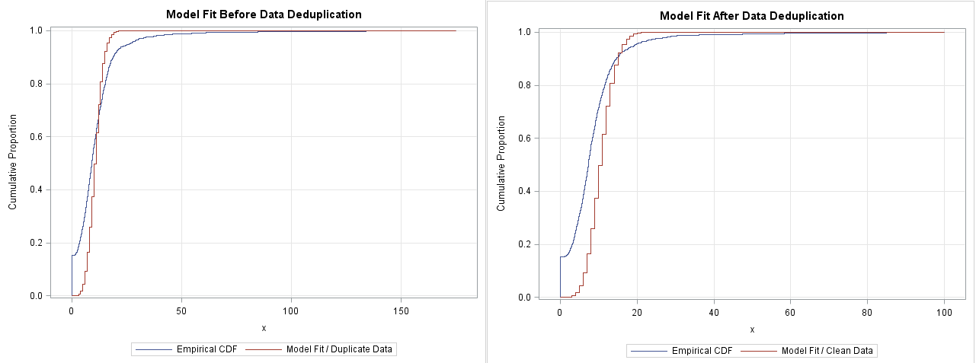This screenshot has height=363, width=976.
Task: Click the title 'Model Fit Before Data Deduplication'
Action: (264, 14)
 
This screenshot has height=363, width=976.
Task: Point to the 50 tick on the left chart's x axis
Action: (181, 310)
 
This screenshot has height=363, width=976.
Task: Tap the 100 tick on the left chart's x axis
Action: (291, 310)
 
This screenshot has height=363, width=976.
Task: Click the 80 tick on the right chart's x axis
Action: (868, 312)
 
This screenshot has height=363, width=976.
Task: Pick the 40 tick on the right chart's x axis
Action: (714, 312)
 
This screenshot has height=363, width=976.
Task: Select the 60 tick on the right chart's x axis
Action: (791, 312)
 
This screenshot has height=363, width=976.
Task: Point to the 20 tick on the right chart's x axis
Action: (637, 312)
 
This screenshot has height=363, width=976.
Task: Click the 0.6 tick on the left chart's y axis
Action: (35, 137)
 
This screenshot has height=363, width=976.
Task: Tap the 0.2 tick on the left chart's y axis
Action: (35, 243)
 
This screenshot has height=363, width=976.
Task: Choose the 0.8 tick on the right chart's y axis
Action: (523, 85)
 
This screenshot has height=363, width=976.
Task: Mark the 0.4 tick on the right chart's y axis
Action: (523, 191)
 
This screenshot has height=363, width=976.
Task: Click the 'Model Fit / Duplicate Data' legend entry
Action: (339, 349)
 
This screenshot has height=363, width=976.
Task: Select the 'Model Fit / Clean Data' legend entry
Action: (827, 351)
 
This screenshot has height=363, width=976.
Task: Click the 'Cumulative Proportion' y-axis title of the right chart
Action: (501, 163)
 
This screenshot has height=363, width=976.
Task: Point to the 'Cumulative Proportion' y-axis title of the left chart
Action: (13, 162)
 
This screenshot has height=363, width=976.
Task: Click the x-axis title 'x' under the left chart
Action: (264, 328)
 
